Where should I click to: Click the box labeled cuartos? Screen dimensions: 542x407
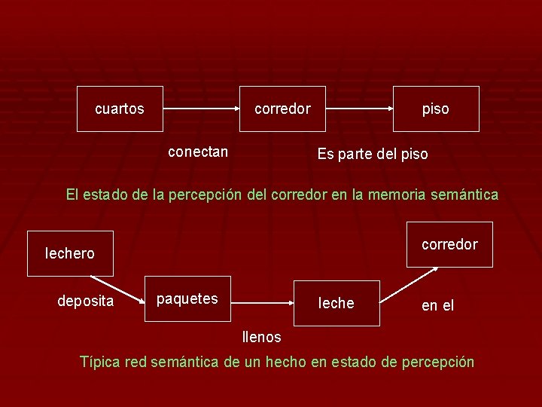click(x=120, y=109)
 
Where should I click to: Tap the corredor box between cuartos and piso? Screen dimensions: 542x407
click(x=282, y=109)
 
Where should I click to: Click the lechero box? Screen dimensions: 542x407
click(x=70, y=253)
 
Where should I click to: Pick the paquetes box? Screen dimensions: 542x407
click(x=187, y=299)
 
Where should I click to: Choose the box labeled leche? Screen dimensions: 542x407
click(x=336, y=303)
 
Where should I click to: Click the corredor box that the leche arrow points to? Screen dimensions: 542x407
click(x=449, y=244)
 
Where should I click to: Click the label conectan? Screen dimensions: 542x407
click(x=198, y=151)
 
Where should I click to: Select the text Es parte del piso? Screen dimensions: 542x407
click(x=372, y=155)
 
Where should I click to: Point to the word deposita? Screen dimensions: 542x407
click(x=86, y=301)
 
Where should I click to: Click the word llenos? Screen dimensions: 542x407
click(x=261, y=337)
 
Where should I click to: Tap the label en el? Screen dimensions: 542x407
click(x=437, y=306)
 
